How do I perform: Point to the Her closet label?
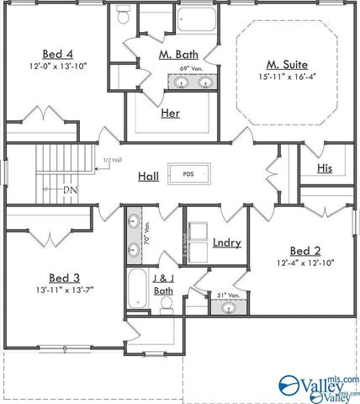pyautogui.click(x=169, y=112)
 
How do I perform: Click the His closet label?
pyautogui.click(x=325, y=168)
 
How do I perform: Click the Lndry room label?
pyautogui.click(x=227, y=243)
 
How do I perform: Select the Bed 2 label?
pyautogui.click(x=305, y=251)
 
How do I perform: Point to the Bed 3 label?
pyautogui.click(x=65, y=278)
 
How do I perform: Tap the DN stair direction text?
pyautogui.click(x=71, y=189)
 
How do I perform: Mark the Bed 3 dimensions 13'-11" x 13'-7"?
pyautogui.click(x=65, y=290)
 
